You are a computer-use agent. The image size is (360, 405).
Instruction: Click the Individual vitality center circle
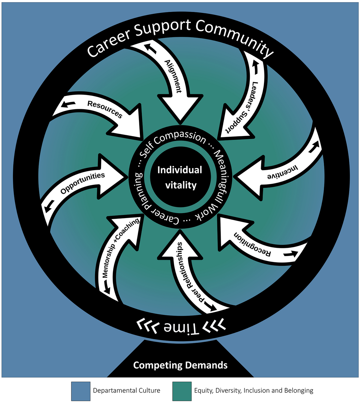coord(180,178)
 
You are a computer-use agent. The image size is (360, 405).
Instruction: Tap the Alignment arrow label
coord(173,76)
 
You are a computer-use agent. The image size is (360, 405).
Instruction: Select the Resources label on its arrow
coord(105,109)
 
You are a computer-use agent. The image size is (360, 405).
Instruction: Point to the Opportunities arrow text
coord(82,183)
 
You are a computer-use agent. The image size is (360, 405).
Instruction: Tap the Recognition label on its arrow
coord(252,245)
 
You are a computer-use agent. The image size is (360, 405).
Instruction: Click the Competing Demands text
coord(180,365)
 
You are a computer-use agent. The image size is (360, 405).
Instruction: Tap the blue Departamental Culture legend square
coord(81,391)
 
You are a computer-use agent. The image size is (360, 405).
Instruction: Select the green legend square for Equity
coord(182,391)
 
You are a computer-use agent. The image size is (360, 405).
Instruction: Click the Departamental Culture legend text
coord(126,390)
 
